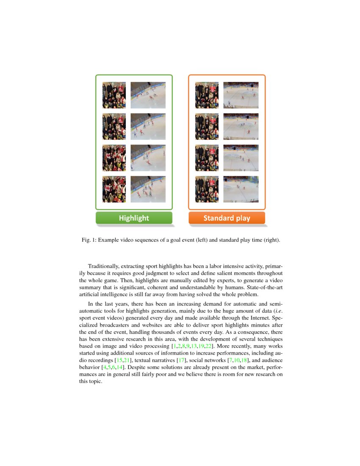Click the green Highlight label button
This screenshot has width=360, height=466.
click(x=134, y=218)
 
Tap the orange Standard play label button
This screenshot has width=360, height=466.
click(x=227, y=218)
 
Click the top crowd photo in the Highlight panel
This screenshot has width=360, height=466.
click(x=114, y=95)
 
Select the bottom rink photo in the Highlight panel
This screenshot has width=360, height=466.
click(x=148, y=189)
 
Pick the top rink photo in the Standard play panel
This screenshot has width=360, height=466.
click(x=241, y=95)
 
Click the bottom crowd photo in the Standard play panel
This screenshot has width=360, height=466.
click(x=207, y=189)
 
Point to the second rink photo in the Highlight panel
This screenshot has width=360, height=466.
click(x=148, y=126)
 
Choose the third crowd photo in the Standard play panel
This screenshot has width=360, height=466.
click(x=207, y=158)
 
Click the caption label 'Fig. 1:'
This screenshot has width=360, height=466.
click(x=89, y=240)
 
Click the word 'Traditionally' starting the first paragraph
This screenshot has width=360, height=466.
click(x=104, y=266)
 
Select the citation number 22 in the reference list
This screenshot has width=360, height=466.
click(x=209, y=346)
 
